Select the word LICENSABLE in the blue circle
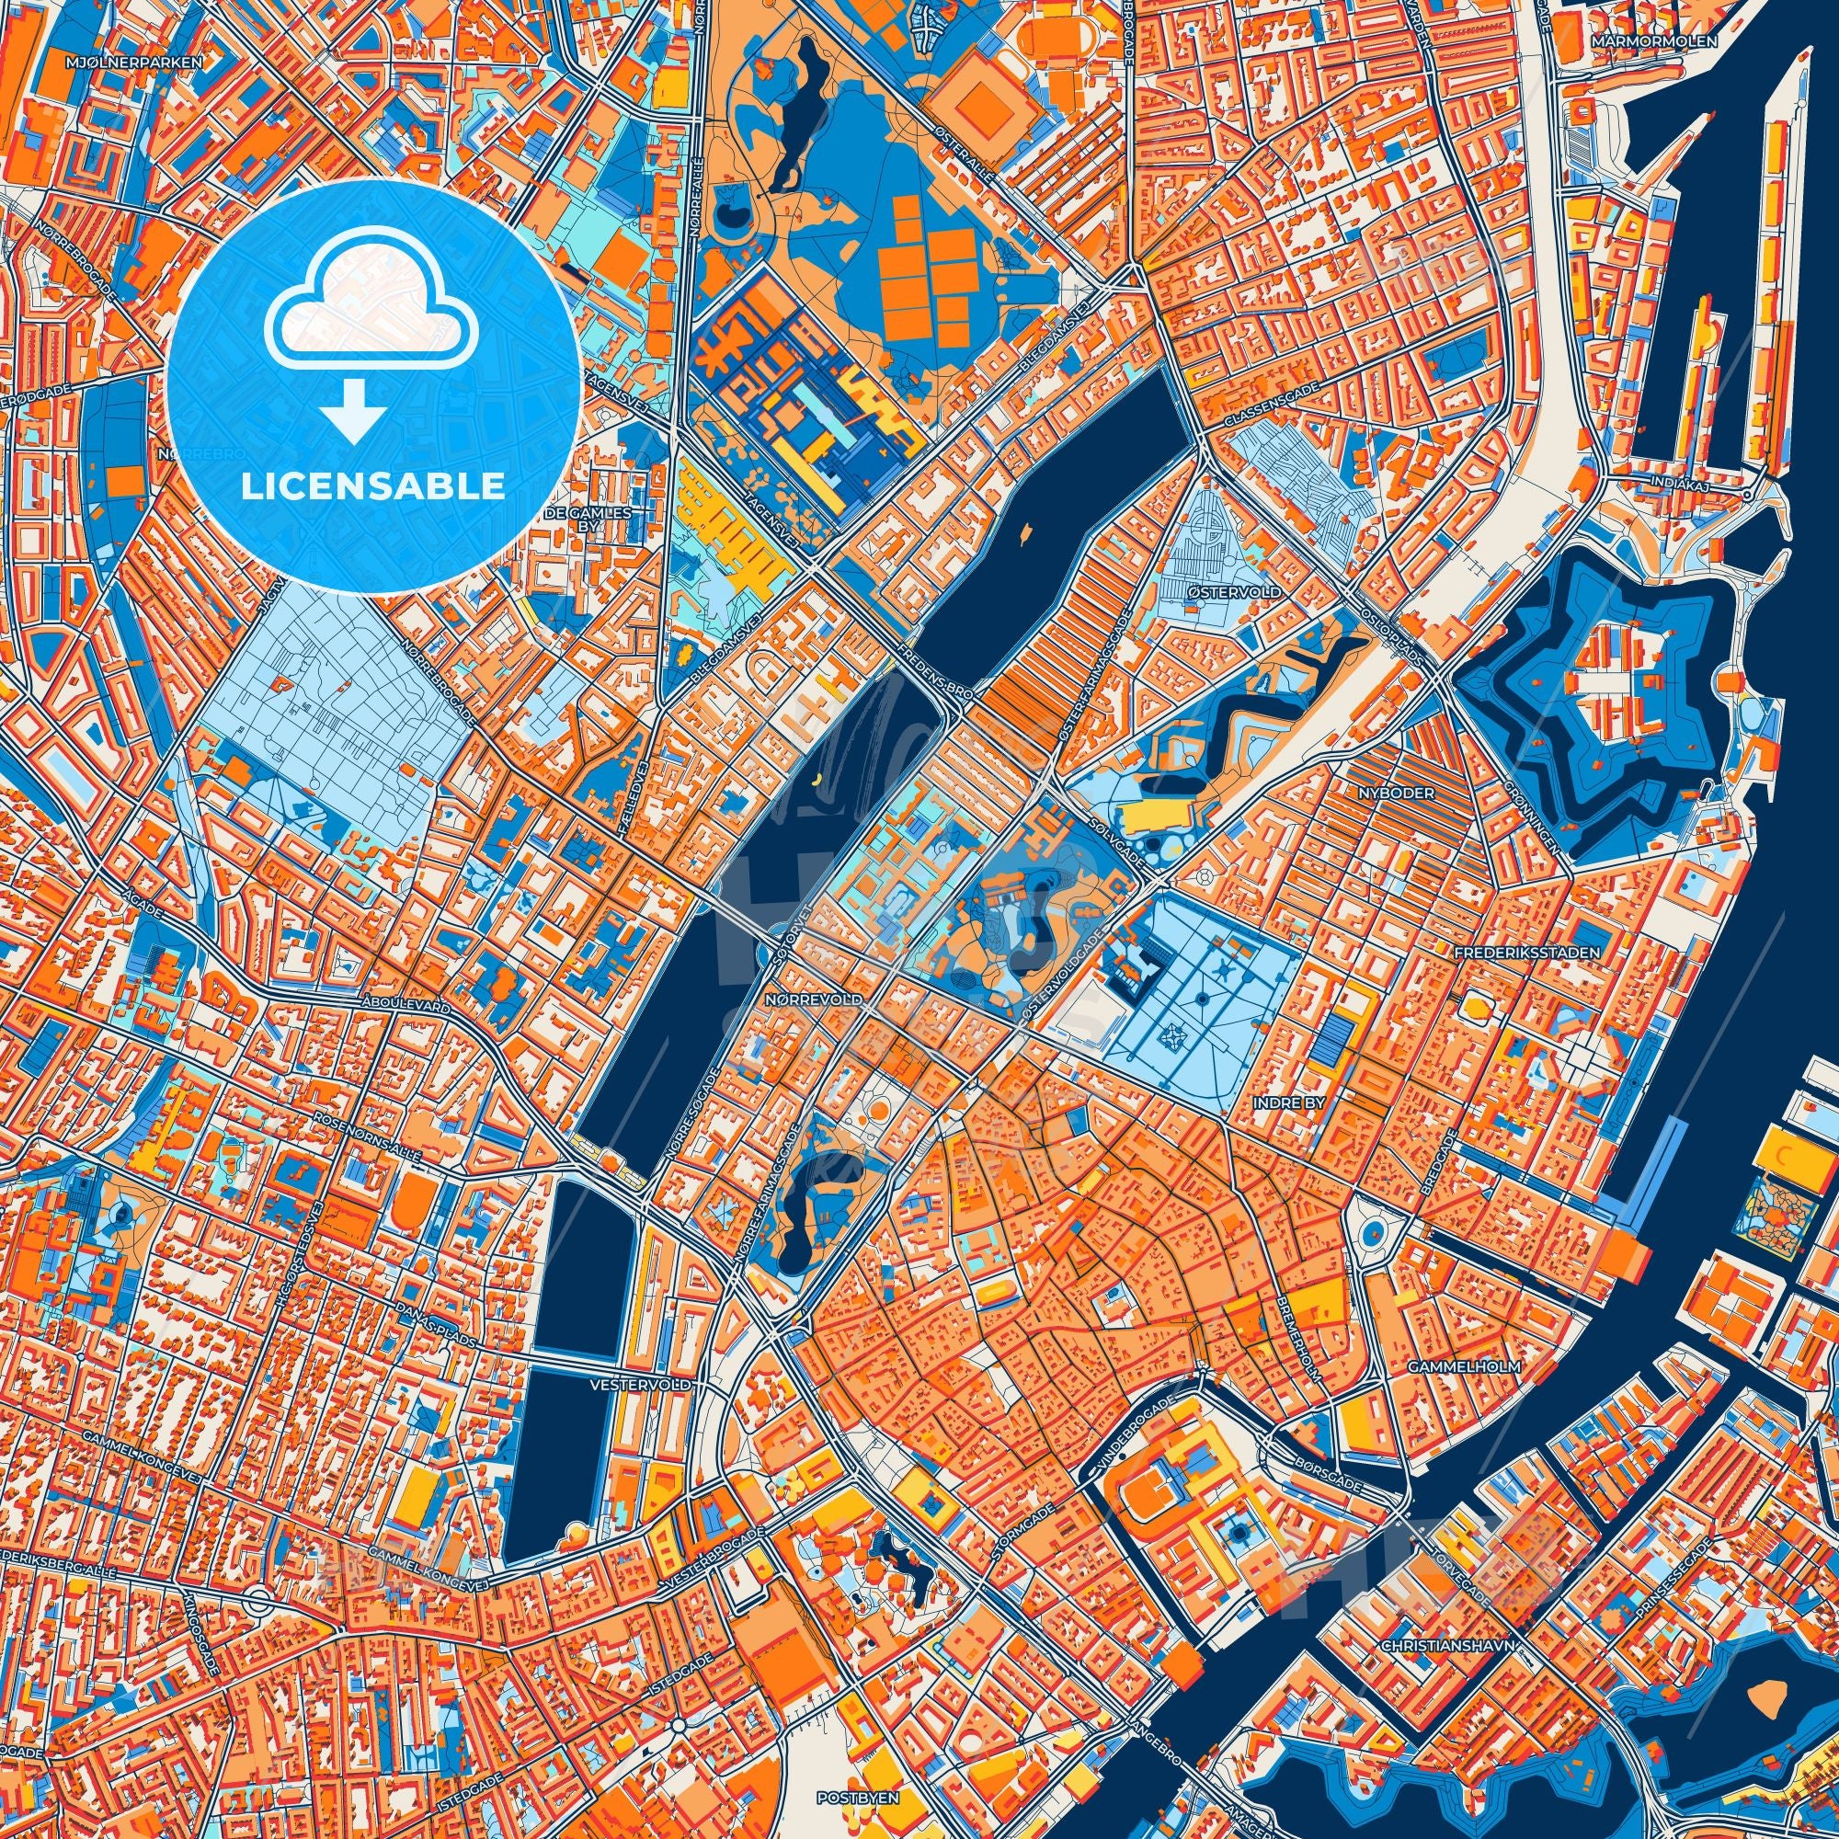[373, 486]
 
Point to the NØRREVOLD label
[814, 1000]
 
